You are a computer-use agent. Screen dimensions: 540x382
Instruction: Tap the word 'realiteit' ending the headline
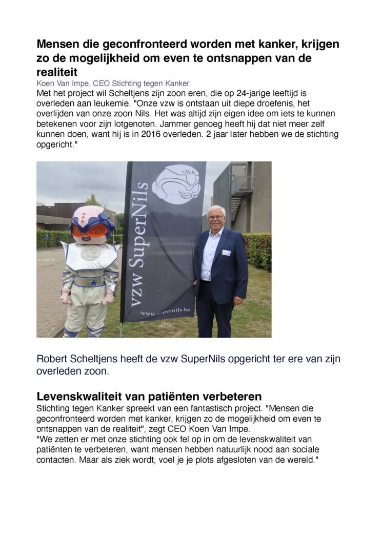point(57,72)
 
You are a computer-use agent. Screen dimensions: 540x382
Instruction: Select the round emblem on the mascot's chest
point(90,253)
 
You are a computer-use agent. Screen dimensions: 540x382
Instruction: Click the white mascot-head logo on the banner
point(176,183)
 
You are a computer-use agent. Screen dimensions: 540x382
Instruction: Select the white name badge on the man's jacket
point(226,253)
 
